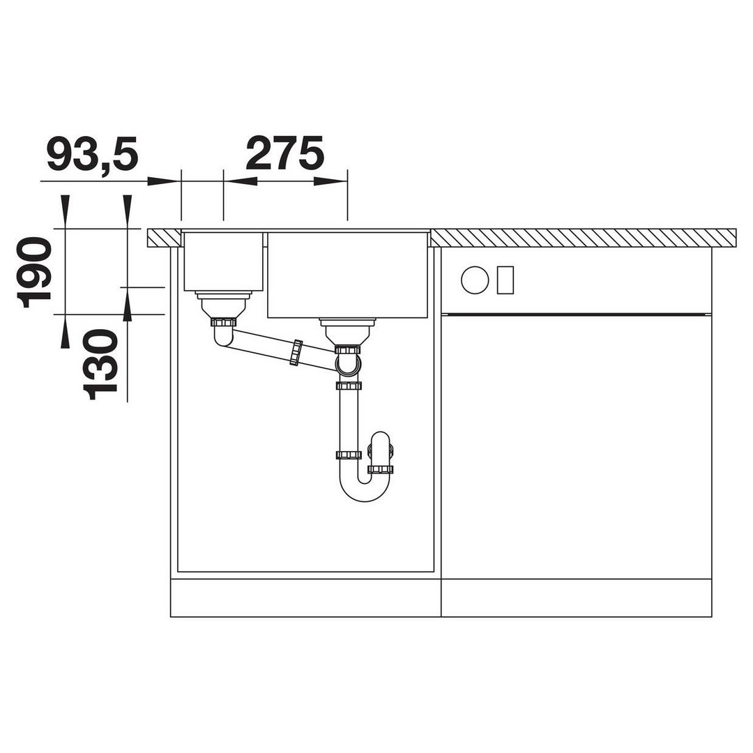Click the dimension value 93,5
[93, 154]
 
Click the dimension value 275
[285, 153]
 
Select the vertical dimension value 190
[33, 273]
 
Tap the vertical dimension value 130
[100, 365]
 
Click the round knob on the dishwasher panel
[475, 280]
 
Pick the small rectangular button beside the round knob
[505, 280]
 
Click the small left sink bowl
[223, 261]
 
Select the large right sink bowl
[347, 275]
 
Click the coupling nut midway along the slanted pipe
[296, 353]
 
